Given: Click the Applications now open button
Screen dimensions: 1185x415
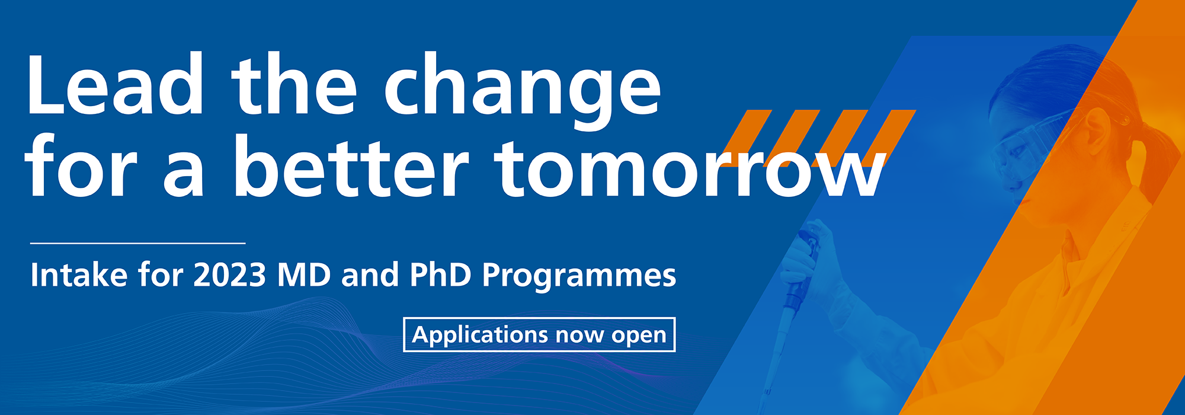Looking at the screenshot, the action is [x=539, y=335].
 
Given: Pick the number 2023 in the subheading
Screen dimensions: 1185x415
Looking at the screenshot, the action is [x=229, y=275].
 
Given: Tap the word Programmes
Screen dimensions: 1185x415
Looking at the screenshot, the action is [x=579, y=276].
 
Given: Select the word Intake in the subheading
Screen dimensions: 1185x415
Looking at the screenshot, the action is [x=79, y=275].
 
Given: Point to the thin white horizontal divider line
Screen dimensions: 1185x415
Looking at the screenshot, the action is [x=137, y=243].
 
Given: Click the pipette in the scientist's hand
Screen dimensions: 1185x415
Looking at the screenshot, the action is [x=788, y=308].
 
